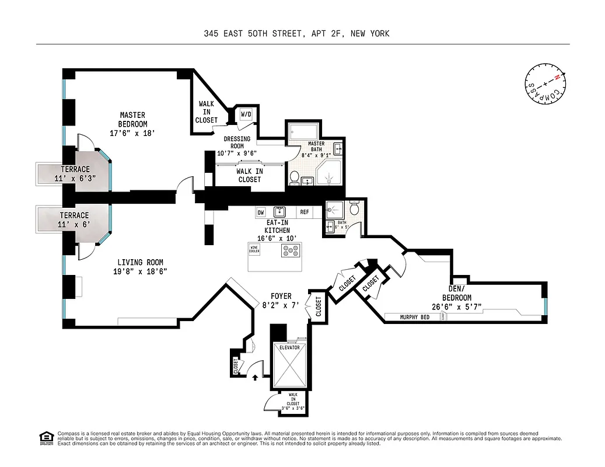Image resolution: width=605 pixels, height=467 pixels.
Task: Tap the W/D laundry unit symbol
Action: [x=246, y=115]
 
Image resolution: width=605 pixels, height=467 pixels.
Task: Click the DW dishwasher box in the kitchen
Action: [x=261, y=212]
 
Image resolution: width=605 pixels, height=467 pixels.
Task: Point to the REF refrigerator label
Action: [x=305, y=212]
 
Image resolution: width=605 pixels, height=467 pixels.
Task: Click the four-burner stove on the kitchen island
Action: [x=291, y=250]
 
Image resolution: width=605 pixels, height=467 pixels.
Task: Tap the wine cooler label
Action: [x=254, y=249]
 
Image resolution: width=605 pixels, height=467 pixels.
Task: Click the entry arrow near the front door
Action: [x=255, y=377]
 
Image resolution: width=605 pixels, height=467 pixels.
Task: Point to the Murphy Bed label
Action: [x=415, y=317]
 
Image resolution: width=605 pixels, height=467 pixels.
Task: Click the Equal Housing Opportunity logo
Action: [x=45, y=437]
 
